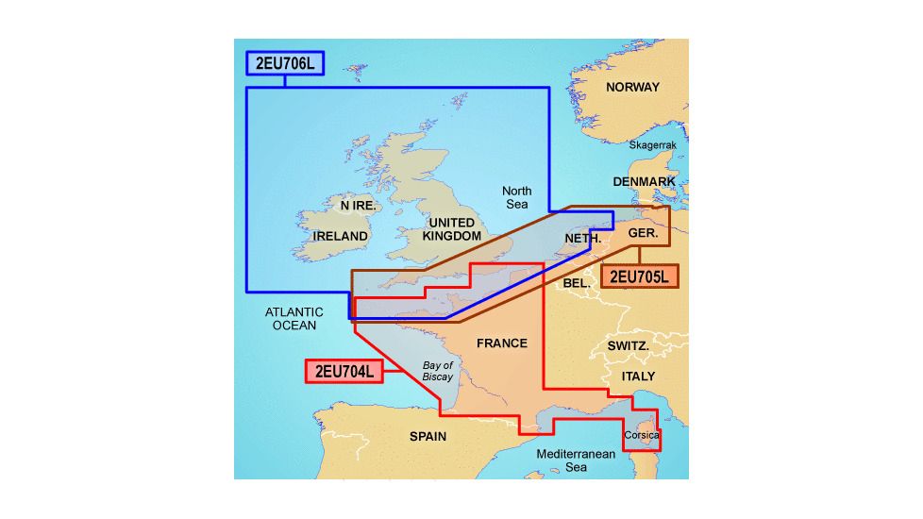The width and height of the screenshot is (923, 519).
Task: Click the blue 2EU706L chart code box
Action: click(284, 63)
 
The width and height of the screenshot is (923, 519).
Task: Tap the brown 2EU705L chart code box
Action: click(639, 276)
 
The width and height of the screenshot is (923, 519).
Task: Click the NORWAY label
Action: click(632, 87)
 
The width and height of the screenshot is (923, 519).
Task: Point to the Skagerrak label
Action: click(653, 145)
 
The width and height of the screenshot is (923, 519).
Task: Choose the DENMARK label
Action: click(644, 181)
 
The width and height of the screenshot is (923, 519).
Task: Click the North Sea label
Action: click(516, 197)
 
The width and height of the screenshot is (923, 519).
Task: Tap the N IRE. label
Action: click(358, 205)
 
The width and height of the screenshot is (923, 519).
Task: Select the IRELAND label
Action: click(340, 235)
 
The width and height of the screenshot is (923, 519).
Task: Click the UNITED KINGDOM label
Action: click(452, 228)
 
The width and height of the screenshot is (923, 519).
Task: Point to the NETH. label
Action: click(582, 239)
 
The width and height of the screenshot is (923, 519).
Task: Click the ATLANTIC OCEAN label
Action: click(294, 319)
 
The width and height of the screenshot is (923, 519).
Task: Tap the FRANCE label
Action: click(501, 343)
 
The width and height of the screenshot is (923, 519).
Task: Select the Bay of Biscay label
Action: click(438, 371)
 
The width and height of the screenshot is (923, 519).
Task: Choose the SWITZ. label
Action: click(627, 346)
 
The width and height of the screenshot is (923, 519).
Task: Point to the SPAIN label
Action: click(428, 436)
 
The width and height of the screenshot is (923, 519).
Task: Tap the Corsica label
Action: click(641, 436)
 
